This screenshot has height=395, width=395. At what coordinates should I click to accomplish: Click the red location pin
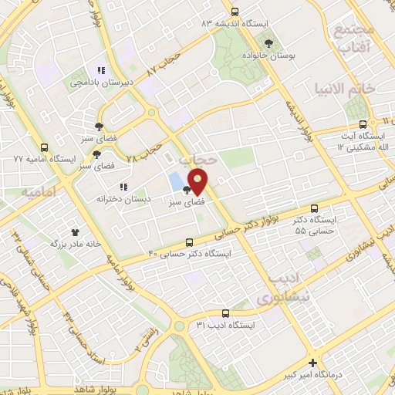[x=198, y=181]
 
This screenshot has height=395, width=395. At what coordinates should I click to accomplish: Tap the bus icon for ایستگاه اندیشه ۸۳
[x=235, y=12]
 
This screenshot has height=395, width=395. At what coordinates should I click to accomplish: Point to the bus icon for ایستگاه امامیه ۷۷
[x=44, y=147]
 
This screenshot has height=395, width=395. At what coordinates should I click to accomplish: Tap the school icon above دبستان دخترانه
[x=123, y=186]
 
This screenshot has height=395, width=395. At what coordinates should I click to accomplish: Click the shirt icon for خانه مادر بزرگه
[x=76, y=231]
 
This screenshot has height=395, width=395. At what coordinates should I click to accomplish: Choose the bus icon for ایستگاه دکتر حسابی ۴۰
[x=191, y=241]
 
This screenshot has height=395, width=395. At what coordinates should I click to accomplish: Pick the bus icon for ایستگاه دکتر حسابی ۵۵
[x=314, y=208]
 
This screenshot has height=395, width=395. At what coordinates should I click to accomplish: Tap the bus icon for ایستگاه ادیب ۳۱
[x=225, y=313]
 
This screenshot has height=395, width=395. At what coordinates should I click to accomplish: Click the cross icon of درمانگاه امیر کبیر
[x=312, y=363]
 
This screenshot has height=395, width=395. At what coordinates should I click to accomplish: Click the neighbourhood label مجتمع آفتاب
[x=353, y=39]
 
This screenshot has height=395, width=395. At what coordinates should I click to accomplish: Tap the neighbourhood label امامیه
[x=39, y=191]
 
